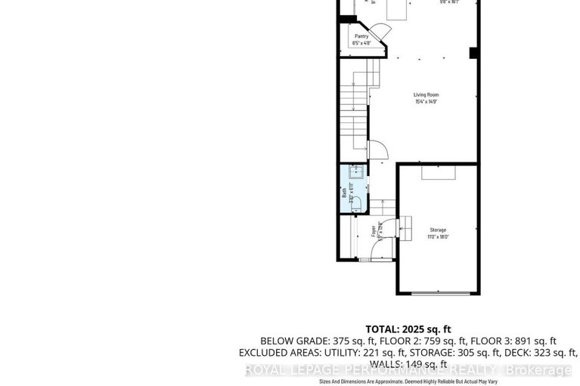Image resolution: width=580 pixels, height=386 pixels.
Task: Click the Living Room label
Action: pyautogui.click(x=426, y=94)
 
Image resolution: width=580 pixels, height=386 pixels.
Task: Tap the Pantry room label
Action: pyautogui.click(x=361, y=36)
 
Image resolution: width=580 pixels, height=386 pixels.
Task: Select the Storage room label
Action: pyautogui.click(x=439, y=230)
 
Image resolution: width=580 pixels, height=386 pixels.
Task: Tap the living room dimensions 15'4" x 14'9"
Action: pyautogui.click(x=426, y=101)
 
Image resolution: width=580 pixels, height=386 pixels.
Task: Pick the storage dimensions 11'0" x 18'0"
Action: pyautogui.click(x=439, y=236)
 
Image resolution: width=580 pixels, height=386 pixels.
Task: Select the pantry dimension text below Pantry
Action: pyautogui.click(x=361, y=42)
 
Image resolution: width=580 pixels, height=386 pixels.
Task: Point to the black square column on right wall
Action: pyautogui.click(x=473, y=52)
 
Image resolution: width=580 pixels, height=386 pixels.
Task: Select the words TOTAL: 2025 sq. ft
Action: pyautogui.click(x=408, y=329)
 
